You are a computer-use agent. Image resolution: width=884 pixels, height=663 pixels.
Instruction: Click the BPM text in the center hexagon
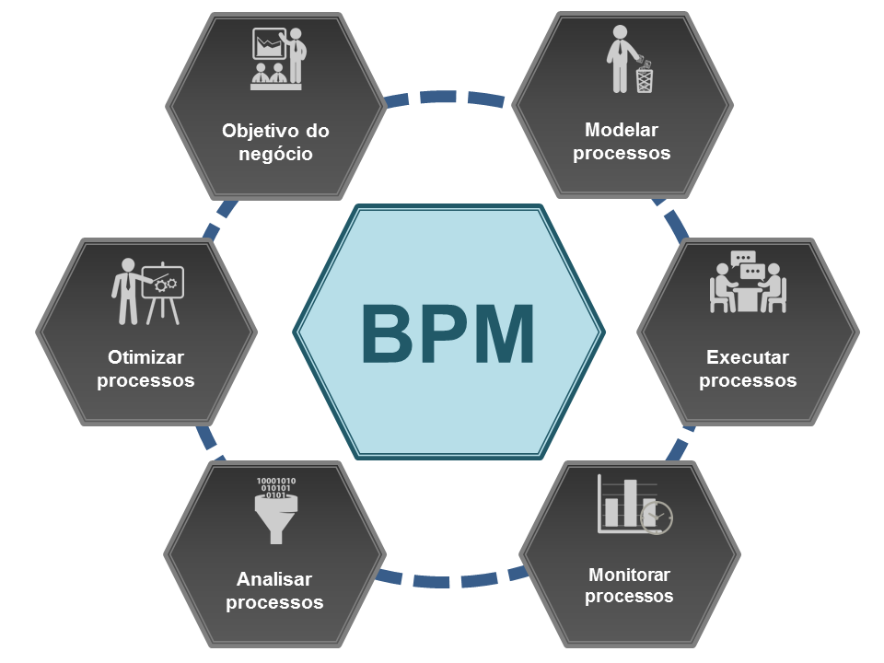click(448, 333)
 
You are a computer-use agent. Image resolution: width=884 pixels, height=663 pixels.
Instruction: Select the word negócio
click(275, 154)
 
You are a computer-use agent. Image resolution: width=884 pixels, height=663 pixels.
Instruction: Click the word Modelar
click(622, 130)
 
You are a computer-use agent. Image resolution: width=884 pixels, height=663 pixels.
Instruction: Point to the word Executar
click(748, 357)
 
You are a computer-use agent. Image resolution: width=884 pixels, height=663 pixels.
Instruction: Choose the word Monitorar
click(629, 575)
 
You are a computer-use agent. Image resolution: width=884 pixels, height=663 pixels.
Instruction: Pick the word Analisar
click(274, 579)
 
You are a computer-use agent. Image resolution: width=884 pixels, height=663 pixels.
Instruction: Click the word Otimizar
click(145, 357)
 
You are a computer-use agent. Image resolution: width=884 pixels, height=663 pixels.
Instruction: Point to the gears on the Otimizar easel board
click(166, 285)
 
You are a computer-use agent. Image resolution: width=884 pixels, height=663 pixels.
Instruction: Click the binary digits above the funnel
click(275, 487)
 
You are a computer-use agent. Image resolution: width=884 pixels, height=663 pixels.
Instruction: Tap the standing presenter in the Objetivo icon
click(297, 55)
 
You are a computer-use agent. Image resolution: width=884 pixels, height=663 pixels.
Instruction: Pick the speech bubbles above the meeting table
click(748, 264)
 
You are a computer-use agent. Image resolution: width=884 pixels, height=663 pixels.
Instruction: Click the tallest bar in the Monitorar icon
click(632, 502)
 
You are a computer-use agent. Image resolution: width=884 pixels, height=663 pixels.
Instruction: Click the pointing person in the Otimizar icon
click(125, 291)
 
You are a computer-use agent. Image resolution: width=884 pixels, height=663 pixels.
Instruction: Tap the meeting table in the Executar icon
click(747, 297)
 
